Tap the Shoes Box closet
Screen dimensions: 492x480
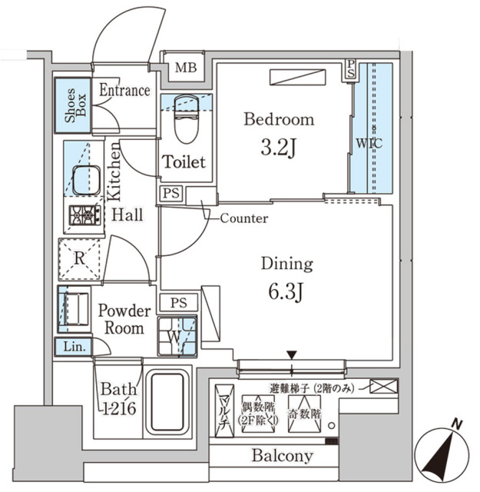pyautogui.click(x=73, y=105)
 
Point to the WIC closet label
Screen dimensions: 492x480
pyautogui.click(x=369, y=143)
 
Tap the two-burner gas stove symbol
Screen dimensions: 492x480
pyautogui.click(x=83, y=215)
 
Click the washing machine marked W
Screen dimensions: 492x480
pyautogui.click(x=177, y=335)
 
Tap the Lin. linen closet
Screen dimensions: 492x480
pyautogui.click(x=72, y=346)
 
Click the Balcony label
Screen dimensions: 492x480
pyautogui.click(x=282, y=455)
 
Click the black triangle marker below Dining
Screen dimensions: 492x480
pyautogui.click(x=292, y=355)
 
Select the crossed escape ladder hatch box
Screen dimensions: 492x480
pyautogui.click(x=384, y=386)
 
